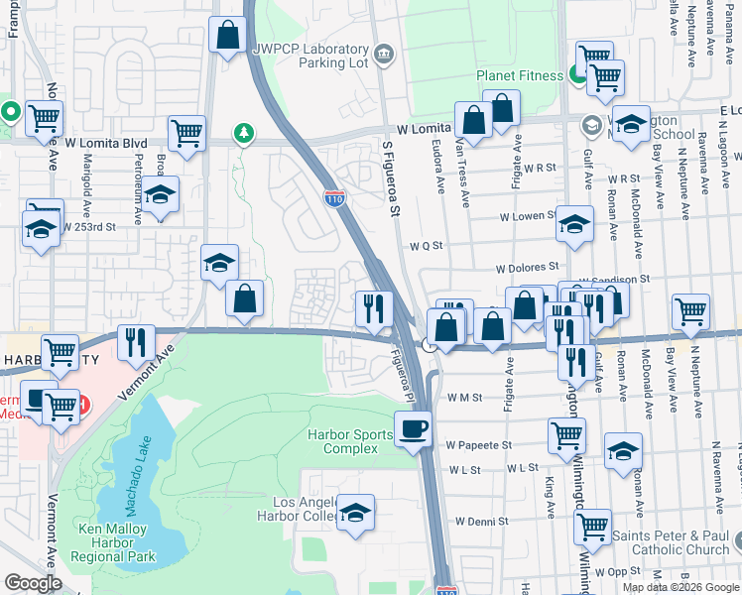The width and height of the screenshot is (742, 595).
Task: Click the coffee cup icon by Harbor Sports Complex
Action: point(413,429)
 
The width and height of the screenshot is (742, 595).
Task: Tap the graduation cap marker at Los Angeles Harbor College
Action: point(355,513)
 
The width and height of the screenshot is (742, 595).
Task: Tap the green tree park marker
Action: point(242,133)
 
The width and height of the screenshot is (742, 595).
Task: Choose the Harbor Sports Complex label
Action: point(342,441)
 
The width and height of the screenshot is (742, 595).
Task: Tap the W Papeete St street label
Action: point(478,445)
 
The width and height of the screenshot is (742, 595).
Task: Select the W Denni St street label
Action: point(481,521)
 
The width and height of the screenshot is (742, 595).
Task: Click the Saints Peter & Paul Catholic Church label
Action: point(667,543)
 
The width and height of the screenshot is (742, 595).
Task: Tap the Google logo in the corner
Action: point(33,583)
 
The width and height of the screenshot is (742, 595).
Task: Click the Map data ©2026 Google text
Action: point(680,587)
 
